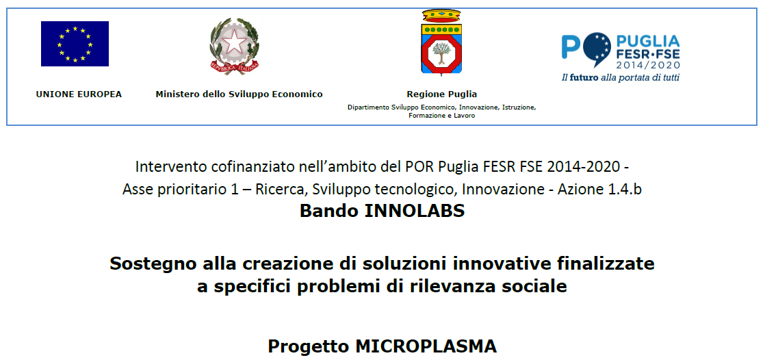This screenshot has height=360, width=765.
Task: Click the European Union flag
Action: (x=75, y=43)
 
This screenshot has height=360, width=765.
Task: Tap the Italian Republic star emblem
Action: (x=235, y=46)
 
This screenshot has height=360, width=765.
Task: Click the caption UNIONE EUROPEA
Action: (x=79, y=94)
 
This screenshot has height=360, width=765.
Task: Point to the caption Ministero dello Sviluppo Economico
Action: (x=239, y=94)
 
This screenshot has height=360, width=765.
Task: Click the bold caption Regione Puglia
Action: (x=442, y=94)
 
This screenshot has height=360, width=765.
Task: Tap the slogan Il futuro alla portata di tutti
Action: (x=621, y=77)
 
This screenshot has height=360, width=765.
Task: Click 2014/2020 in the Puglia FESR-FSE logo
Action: (x=648, y=65)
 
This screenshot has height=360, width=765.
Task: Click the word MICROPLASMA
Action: (x=426, y=346)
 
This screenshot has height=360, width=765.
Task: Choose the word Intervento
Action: (x=166, y=167)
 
